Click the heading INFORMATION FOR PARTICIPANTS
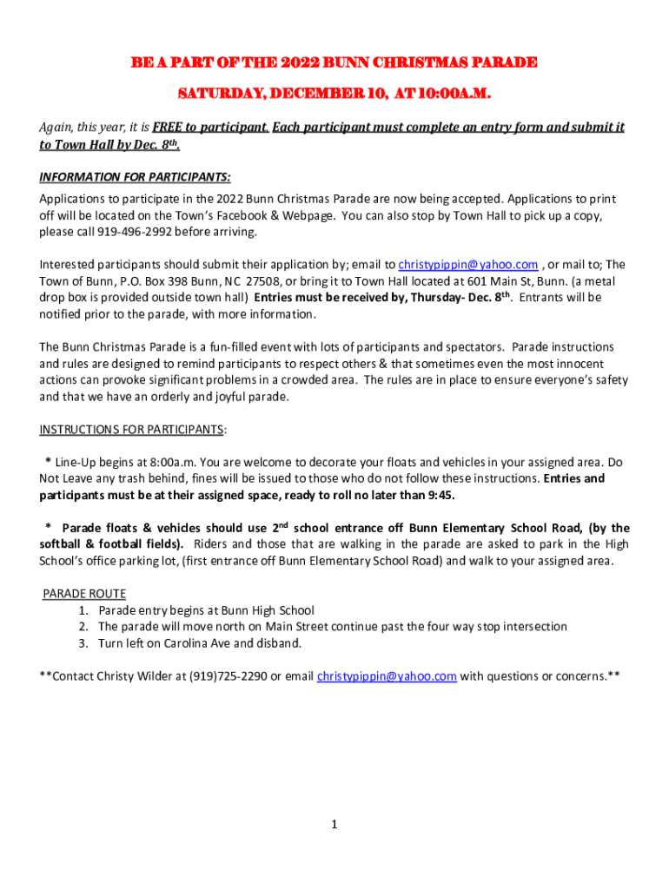tap(135, 177)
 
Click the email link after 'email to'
tap(468, 265)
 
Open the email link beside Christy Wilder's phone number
tap(387, 676)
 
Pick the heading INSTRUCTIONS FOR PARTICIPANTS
tap(132, 430)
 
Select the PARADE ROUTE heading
tap(84, 594)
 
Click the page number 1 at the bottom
tap(334, 824)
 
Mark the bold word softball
tap(65, 544)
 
